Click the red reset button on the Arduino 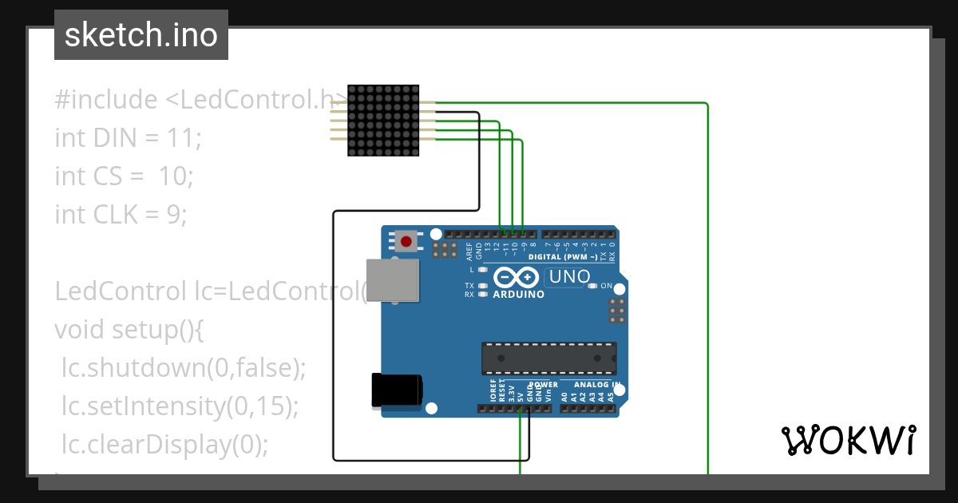point(406,240)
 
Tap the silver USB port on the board point(392,280)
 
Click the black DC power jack point(396,391)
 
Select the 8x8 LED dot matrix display point(383,120)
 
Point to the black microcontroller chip point(548,358)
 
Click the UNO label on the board point(568,277)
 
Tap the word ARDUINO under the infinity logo point(518,294)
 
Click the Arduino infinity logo point(517,278)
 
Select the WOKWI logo point(848,440)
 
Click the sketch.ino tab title point(141,35)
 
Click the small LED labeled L point(483,270)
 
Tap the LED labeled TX point(483,285)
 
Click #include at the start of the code point(106,100)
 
